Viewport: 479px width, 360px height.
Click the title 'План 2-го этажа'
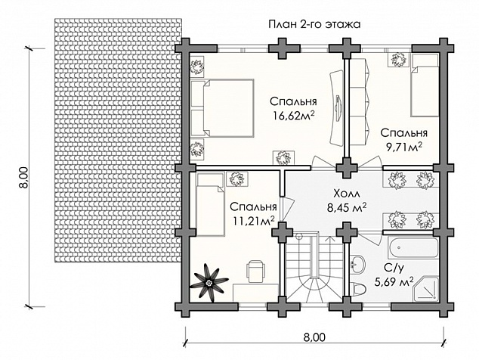tap(314, 24)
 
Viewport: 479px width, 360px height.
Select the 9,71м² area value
tap(404, 147)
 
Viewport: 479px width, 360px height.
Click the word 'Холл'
tap(347, 194)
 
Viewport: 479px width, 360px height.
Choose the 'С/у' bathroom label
tap(394, 268)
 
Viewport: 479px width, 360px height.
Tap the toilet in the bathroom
tap(358, 289)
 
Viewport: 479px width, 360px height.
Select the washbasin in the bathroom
tap(357, 265)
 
